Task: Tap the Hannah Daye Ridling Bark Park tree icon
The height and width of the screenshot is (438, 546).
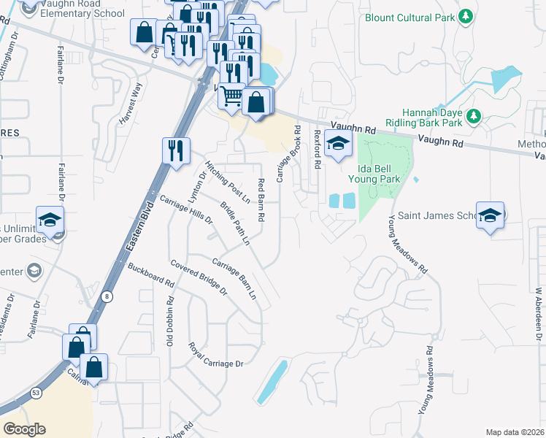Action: tap(474, 116)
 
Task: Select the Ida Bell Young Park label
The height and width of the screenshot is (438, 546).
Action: tap(374, 173)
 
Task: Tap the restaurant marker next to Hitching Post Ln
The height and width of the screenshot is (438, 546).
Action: tap(176, 151)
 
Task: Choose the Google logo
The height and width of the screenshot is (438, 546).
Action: tap(24, 429)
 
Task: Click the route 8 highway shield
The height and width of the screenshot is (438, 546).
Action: tap(107, 296)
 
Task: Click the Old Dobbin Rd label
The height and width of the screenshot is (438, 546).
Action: tap(170, 320)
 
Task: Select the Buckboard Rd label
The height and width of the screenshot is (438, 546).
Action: tap(151, 272)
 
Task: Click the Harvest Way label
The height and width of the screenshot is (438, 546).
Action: tap(135, 96)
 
